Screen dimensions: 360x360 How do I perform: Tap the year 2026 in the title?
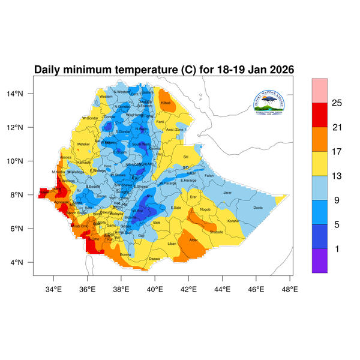(278, 70)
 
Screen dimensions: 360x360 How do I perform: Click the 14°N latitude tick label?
(22, 94)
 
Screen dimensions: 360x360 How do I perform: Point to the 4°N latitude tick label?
(24, 263)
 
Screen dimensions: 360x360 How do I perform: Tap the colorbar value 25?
(337, 103)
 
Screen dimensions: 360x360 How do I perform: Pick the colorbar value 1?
(337, 249)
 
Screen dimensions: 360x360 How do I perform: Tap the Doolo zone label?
(258, 208)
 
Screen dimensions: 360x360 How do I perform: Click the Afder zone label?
(193, 240)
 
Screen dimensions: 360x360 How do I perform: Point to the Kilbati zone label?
(166, 104)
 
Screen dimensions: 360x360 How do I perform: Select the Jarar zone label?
(227, 193)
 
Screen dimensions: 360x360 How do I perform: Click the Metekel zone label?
(83, 144)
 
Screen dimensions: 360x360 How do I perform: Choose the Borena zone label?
(125, 254)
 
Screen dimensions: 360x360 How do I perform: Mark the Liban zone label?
(172, 244)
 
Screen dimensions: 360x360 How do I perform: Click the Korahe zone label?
(233, 221)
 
